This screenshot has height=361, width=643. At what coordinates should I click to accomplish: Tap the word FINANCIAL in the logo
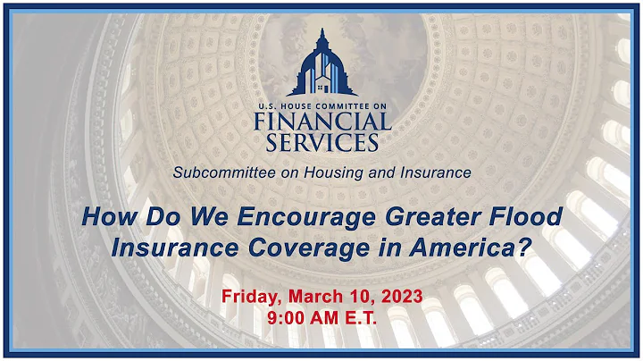pyautogui.click(x=321, y=122)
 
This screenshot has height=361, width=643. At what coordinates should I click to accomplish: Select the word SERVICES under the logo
pyautogui.click(x=321, y=142)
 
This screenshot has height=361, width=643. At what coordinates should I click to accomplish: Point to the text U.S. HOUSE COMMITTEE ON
pyautogui.click(x=321, y=105)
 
